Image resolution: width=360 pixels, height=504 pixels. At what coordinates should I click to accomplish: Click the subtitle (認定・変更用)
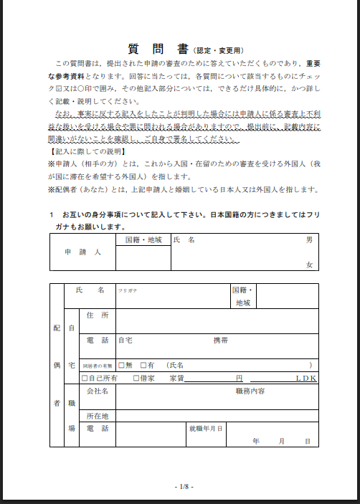pos(218,51)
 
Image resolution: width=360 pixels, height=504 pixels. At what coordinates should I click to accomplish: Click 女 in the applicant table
pos(309,265)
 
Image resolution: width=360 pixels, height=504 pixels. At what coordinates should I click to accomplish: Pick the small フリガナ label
pos(128,290)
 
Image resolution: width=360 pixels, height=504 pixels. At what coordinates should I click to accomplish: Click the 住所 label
pos(97,315)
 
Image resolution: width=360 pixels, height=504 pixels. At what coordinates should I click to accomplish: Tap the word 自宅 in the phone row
pos(125,340)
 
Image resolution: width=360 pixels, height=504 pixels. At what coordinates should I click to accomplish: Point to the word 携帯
pos(220,340)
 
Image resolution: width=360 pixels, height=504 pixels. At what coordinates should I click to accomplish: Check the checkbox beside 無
pos(121,365)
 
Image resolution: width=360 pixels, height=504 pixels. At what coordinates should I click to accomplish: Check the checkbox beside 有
pos(143,365)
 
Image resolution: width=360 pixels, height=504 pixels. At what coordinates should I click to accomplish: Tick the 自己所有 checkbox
pos(85,378)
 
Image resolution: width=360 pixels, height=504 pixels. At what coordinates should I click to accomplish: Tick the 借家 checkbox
pos(136,378)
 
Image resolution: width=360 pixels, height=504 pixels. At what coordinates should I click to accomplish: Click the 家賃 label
pos(177,378)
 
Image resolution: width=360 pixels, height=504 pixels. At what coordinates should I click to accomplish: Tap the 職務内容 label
pos(250,391)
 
